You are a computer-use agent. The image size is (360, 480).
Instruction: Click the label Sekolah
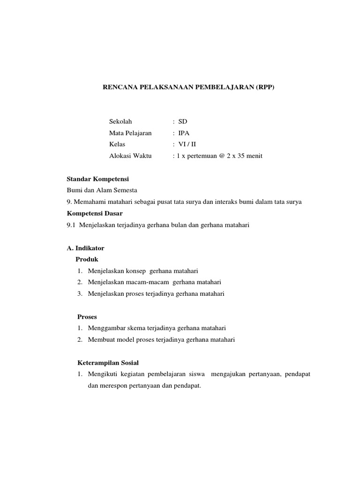120,121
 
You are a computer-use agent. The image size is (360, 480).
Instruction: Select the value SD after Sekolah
182,121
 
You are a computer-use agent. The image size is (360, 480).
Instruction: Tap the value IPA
184,133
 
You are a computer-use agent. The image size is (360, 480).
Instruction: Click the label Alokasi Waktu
130,156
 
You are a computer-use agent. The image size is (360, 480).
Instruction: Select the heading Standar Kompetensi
97,179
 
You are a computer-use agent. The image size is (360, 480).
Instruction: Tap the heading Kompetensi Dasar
95,213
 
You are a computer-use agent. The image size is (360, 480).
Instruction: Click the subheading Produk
87,259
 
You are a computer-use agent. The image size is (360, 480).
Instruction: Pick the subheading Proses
87,316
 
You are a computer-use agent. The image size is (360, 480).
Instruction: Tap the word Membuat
100,339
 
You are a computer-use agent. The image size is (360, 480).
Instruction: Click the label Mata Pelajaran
130,133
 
